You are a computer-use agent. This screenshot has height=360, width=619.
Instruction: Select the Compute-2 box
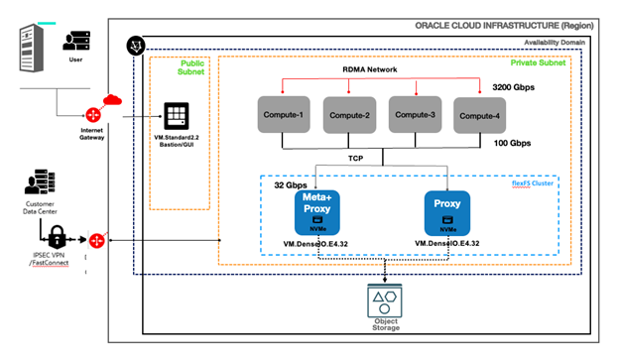click(351, 115)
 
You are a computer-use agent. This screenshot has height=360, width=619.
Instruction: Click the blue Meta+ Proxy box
click(316, 213)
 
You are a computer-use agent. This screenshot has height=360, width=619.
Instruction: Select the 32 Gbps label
click(288, 184)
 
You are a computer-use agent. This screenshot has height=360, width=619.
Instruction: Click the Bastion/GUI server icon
click(176, 116)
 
